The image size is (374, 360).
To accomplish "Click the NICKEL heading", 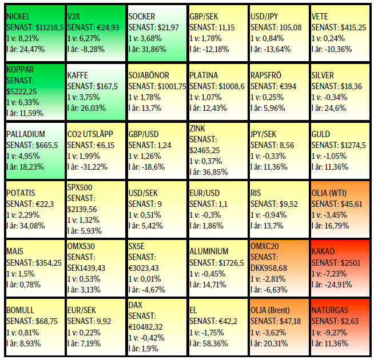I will click(18, 17).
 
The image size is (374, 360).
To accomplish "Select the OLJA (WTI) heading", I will click(332, 193).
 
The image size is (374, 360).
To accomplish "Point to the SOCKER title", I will click(142, 17).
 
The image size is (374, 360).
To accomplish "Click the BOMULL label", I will click(21, 310).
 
